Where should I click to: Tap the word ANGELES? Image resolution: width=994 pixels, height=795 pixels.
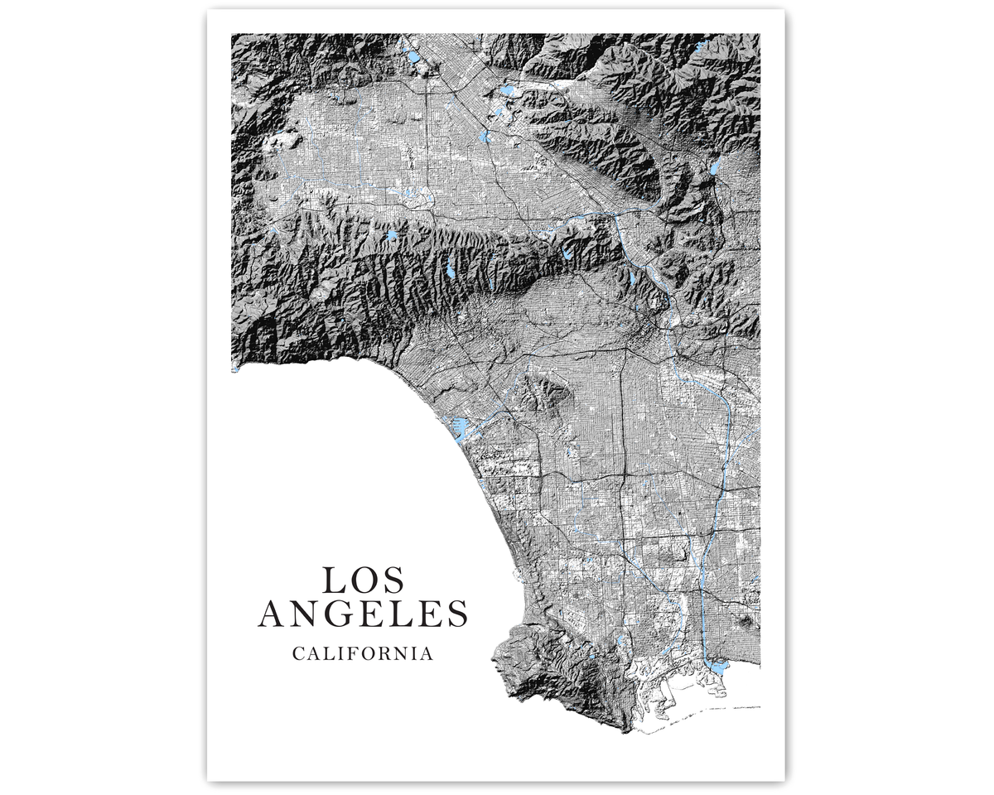(363, 614)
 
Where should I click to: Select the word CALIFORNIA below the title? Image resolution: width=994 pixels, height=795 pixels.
(363, 653)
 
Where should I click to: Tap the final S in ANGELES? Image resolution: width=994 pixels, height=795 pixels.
(458, 614)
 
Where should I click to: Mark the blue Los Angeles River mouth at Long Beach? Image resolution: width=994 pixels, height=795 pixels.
(717, 666)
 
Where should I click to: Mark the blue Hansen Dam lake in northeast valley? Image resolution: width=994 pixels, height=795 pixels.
(507, 91)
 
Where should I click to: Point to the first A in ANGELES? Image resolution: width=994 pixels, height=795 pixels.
(273, 614)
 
